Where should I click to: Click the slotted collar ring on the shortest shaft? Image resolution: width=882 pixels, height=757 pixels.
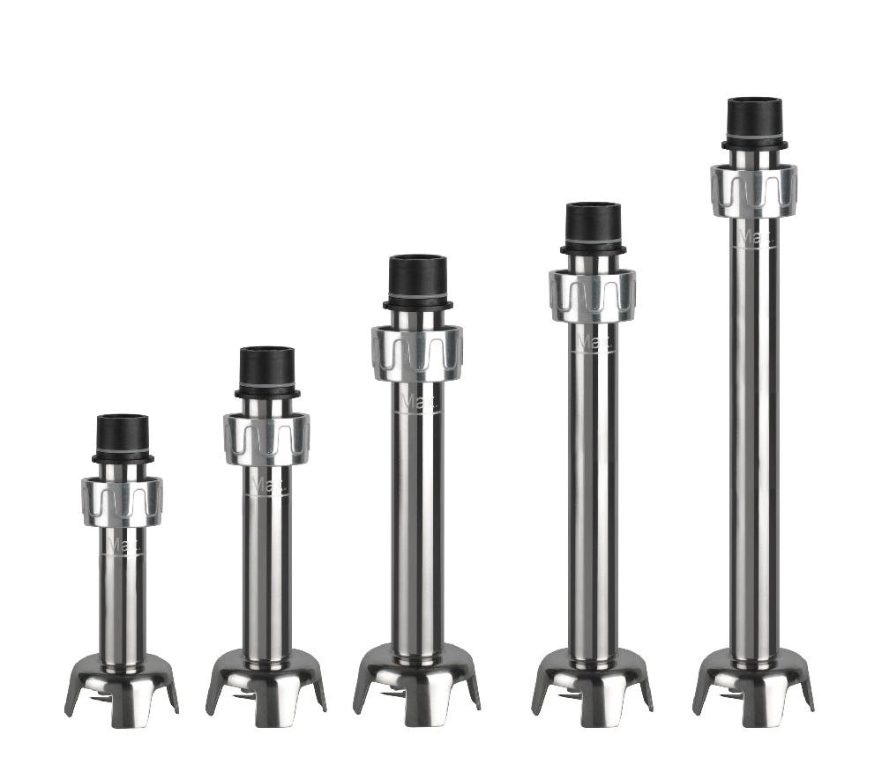point(122,501)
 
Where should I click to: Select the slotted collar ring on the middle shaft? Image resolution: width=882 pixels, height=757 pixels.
point(417,353)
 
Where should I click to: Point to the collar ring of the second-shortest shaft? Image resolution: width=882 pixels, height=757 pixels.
point(266,439)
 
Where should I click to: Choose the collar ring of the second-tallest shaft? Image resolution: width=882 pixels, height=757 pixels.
point(593,295)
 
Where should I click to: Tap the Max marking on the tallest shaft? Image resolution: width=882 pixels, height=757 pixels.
point(754,237)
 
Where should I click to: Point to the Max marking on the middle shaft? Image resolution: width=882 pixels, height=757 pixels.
point(417,402)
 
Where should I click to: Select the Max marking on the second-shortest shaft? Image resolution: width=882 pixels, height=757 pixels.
point(266,485)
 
